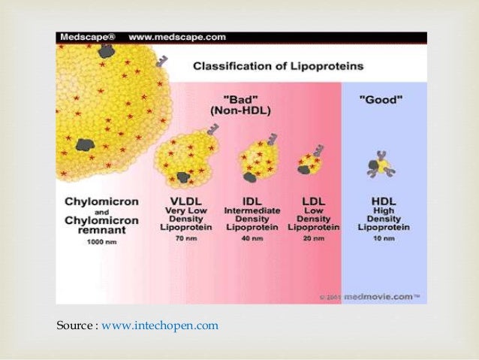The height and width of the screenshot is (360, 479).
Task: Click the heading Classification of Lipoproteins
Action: [x=278, y=66]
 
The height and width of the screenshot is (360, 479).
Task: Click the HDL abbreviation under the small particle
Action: [x=383, y=201]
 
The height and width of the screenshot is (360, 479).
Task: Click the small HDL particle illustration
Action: [x=382, y=165]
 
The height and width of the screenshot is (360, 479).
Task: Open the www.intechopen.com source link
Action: [x=160, y=325]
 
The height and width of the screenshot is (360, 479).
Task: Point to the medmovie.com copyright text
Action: [x=385, y=298]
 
